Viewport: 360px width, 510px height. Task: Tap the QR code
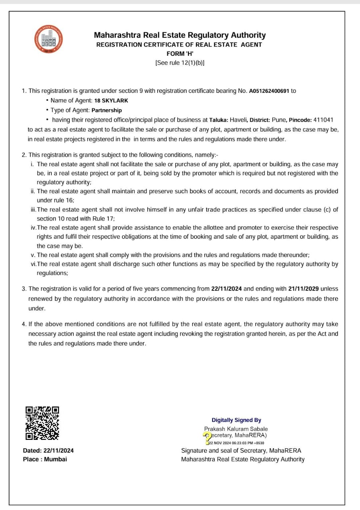click(x=43, y=423)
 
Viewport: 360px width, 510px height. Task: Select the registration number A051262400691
click(x=269, y=91)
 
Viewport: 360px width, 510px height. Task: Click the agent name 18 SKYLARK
click(x=112, y=101)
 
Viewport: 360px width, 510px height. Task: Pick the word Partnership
click(x=107, y=110)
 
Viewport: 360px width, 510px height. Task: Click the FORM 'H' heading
click(x=180, y=54)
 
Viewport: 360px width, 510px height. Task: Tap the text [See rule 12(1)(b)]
click(x=180, y=63)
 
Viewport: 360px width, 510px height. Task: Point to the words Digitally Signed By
click(x=237, y=420)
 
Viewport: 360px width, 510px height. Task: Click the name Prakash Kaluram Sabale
click(x=236, y=429)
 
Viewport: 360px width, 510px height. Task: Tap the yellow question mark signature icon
click(x=207, y=437)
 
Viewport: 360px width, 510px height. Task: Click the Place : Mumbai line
click(x=45, y=459)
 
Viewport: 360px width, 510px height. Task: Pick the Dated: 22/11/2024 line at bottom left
click(x=48, y=451)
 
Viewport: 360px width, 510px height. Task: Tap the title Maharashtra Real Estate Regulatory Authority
click(x=180, y=35)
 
